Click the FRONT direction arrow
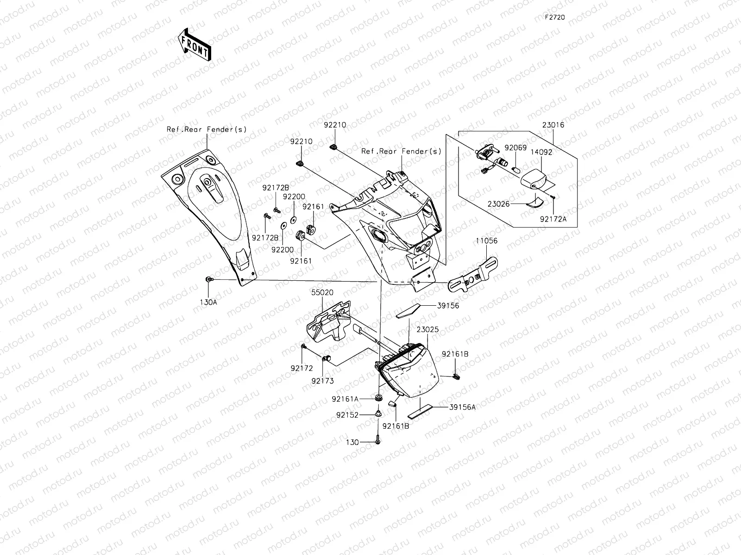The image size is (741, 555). pyautogui.click(x=195, y=44)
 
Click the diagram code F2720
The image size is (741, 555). pyautogui.click(x=555, y=17)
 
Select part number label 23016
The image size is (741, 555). pyautogui.click(x=553, y=125)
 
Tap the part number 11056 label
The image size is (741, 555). pyautogui.click(x=486, y=240)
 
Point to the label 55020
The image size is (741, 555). pyautogui.click(x=322, y=292)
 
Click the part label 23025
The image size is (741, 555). pyautogui.click(x=427, y=329)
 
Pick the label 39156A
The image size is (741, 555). pyautogui.click(x=462, y=407)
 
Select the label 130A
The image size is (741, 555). pyautogui.click(x=208, y=302)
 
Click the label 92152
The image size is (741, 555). pyautogui.click(x=347, y=415)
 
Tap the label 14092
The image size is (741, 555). pyautogui.click(x=541, y=152)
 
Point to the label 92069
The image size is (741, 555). pyautogui.click(x=515, y=148)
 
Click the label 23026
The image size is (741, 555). pyautogui.click(x=498, y=204)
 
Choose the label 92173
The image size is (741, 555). pyautogui.click(x=322, y=381)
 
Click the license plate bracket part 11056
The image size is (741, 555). pyautogui.click(x=473, y=275)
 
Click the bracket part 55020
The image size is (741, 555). pyautogui.click(x=328, y=321)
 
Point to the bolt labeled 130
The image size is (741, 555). pyautogui.click(x=378, y=439)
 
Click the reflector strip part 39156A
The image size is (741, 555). pyautogui.click(x=420, y=412)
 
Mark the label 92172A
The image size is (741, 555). pyautogui.click(x=553, y=219)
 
